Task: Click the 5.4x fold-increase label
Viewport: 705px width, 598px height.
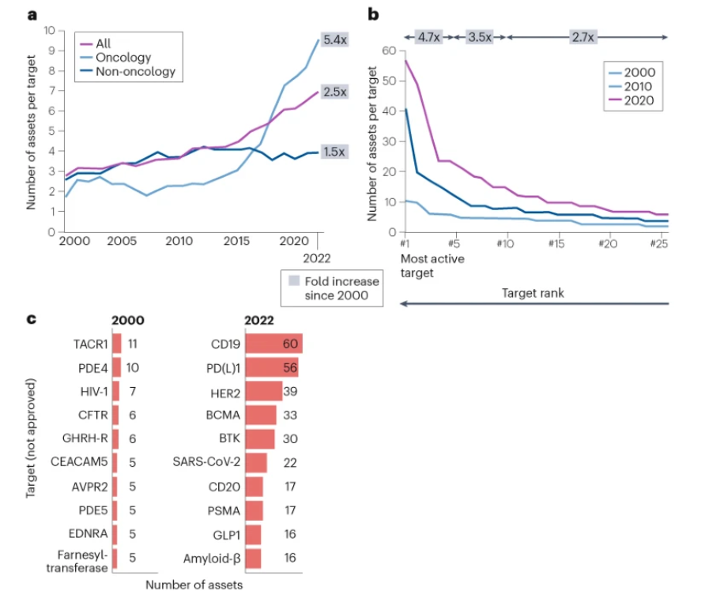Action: [x=336, y=39]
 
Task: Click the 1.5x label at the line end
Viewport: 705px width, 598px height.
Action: [x=334, y=152]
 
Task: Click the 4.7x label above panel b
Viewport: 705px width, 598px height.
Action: [x=429, y=36]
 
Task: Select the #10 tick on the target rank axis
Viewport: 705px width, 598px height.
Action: [x=505, y=243]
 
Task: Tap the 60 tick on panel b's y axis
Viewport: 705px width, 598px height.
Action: [x=388, y=51]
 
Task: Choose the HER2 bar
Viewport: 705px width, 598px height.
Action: [x=264, y=391]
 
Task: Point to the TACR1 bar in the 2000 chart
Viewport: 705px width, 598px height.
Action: [x=116, y=344]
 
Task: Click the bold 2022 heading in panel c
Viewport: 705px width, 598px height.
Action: [x=261, y=321]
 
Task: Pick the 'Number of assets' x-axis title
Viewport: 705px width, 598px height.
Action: [x=194, y=585]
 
